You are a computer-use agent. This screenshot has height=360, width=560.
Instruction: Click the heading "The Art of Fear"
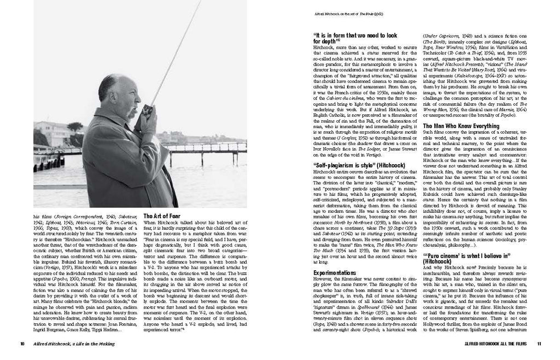[x=161, y=216]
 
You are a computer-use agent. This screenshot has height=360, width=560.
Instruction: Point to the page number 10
[x=22, y=344]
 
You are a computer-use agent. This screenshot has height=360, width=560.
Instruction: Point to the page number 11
[x=538, y=344]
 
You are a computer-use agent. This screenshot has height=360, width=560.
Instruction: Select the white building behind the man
[x=51, y=134]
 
